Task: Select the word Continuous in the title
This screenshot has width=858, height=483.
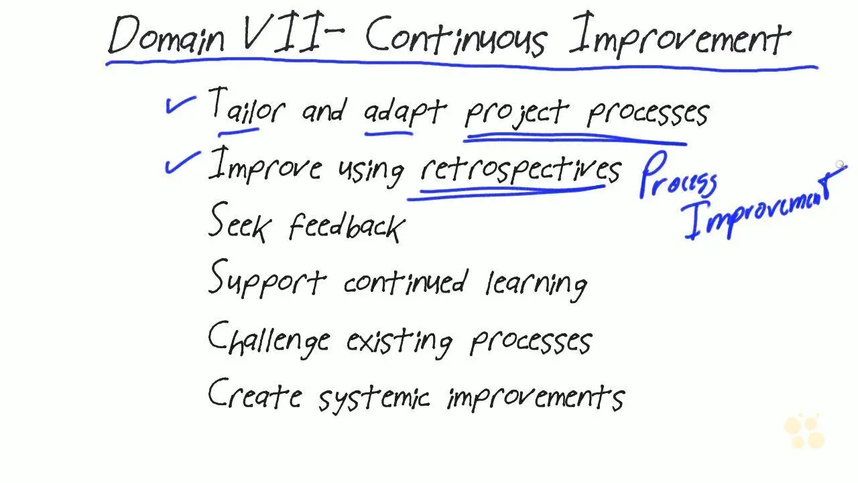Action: pyautogui.click(x=456, y=36)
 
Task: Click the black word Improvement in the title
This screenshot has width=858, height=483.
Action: pyautogui.click(x=680, y=36)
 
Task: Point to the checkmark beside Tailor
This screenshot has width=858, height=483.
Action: pyautogui.click(x=180, y=104)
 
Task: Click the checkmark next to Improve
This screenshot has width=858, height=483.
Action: pyautogui.click(x=182, y=162)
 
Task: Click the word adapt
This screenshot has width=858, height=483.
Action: pyautogui.click(x=406, y=112)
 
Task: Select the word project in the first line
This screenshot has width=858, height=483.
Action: pyautogui.click(x=517, y=113)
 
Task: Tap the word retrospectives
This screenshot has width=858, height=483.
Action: pyautogui.click(x=521, y=171)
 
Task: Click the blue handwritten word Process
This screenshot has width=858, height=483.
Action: pyautogui.click(x=678, y=175)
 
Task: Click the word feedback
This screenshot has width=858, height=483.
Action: pyautogui.click(x=347, y=227)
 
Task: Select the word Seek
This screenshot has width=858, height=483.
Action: pyautogui.click(x=240, y=222)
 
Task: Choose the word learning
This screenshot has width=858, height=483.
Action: pyautogui.click(x=536, y=285)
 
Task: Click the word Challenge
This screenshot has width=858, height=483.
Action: pyautogui.click(x=269, y=339)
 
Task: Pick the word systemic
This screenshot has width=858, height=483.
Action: pyautogui.click(x=374, y=398)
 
